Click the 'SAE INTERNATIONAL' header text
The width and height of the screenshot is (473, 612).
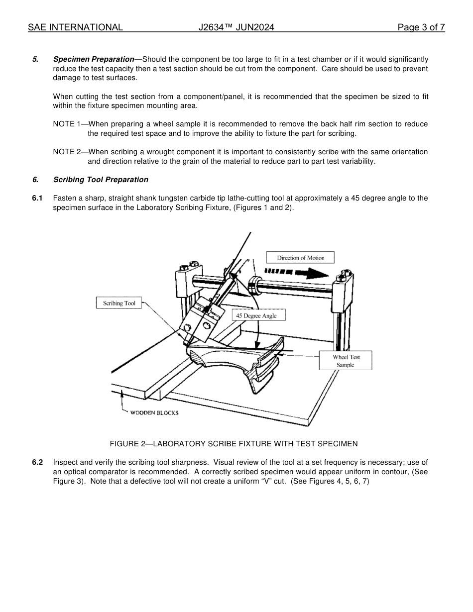pos(75,28)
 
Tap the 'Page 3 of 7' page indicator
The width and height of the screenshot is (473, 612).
pos(421,28)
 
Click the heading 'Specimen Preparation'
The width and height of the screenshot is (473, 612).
pos(97,59)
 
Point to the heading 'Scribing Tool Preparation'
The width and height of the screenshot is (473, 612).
pos(101,180)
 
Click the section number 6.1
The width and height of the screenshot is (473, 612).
pos(37,198)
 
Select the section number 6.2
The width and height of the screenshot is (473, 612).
pos(37,462)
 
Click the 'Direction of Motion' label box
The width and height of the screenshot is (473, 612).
pos(300,258)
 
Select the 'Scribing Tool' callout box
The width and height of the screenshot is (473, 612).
pos(119,303)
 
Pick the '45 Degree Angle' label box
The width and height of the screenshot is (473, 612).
pos(256,315)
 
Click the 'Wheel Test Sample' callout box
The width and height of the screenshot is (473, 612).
pos(346,361)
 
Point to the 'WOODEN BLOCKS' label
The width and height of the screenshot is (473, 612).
pos(154,413)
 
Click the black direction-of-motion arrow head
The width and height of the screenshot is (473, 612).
pos(318,273)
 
